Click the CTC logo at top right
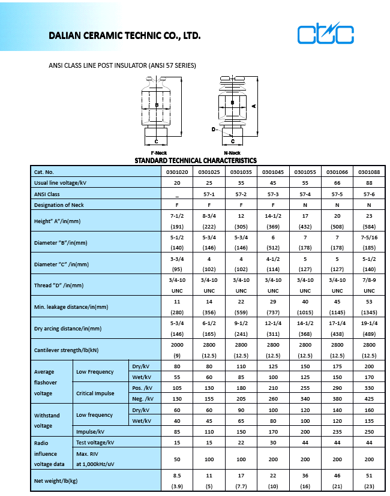click(x=326, y=34)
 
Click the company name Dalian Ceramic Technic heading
click(x=124, y=36)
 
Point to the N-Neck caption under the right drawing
click(x=232, y=153)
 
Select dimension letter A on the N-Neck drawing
click(x=254, y=106)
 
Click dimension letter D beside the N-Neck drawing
click(x=213, y=129)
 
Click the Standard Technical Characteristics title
click(x=195, y=161)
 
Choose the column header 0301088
click(x=368, y=172)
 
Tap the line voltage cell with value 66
click(x=337, y=182)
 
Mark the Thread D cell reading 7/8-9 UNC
click(x=368, y=285)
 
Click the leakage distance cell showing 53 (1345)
click(x=368, y=307)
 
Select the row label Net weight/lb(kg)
click(x=55, y=480)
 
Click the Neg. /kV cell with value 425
click(x=368, y=398)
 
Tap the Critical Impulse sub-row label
click(x=96, y=393)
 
